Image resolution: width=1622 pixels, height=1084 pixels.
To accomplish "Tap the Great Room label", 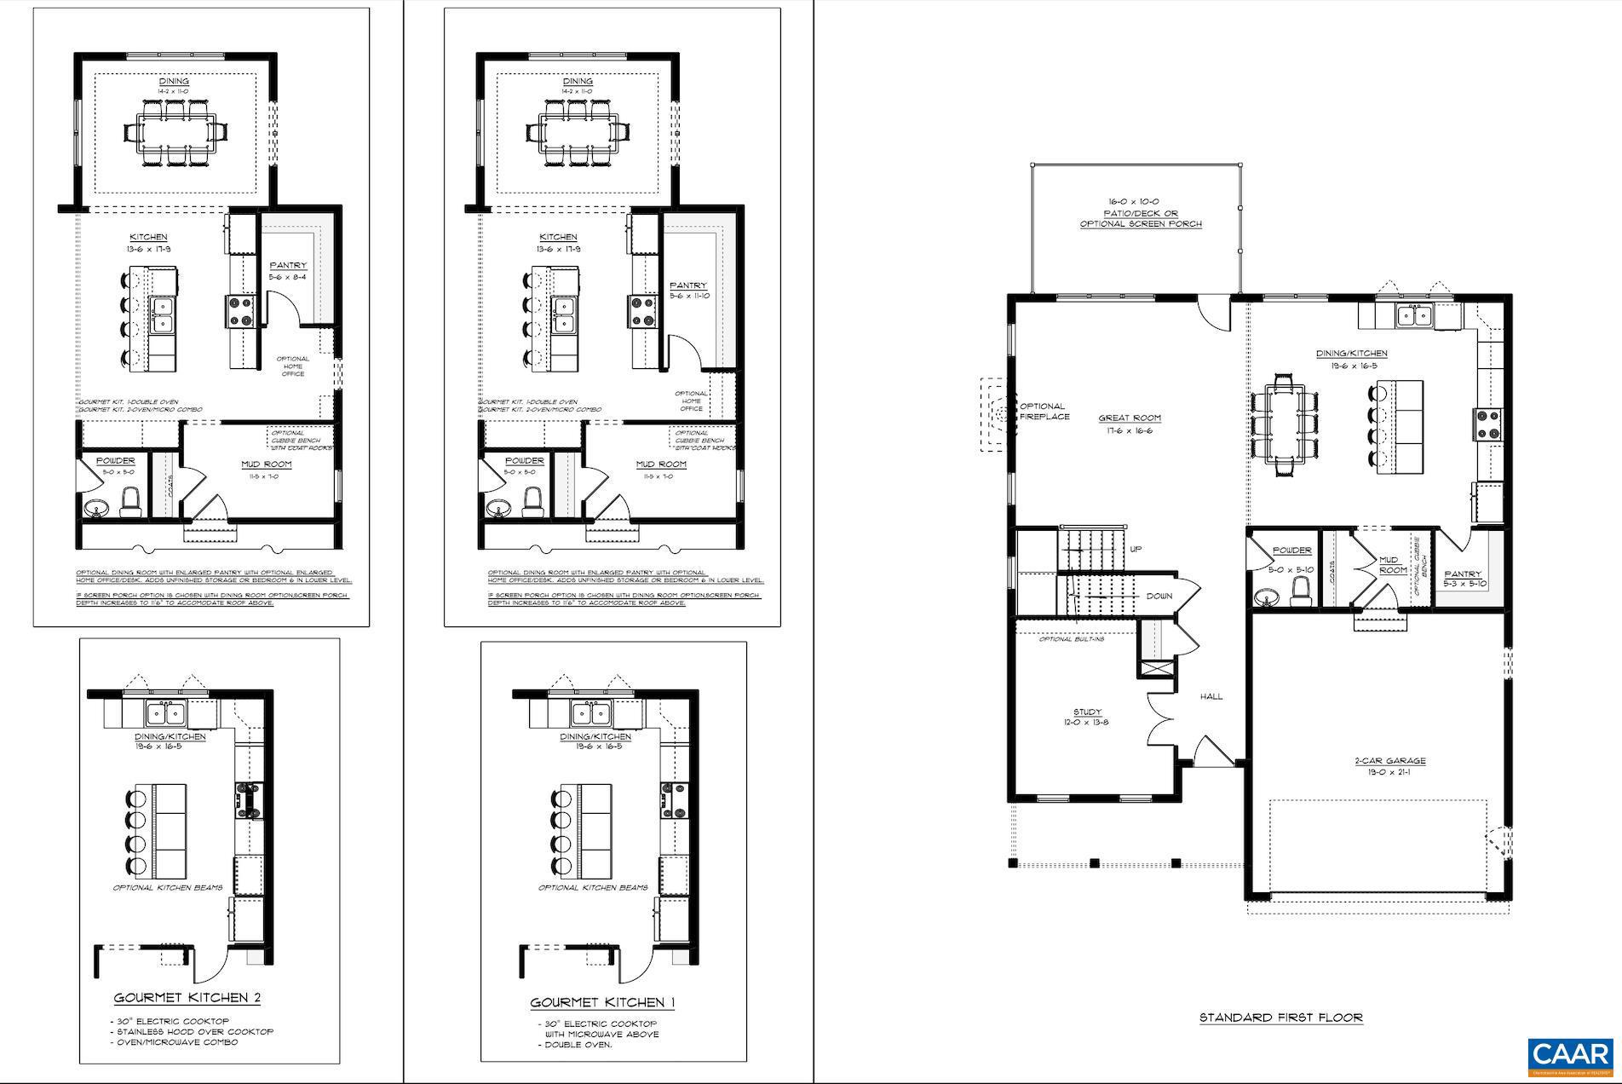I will click(1130, 418).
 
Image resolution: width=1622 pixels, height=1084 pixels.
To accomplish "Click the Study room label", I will click(1087, 712).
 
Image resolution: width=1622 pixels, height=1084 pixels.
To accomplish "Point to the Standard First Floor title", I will click(1281, 1018).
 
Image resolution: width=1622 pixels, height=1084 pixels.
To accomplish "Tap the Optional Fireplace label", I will click(1043, 412).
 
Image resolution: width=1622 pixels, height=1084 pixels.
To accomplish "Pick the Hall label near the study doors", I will click(1211, 696).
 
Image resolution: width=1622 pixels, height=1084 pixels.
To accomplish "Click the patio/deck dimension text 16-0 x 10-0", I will click(1141, 203).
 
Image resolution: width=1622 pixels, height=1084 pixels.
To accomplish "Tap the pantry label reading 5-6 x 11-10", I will click(690, 296).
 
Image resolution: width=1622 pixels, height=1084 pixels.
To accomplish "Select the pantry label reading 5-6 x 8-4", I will click(287, 277).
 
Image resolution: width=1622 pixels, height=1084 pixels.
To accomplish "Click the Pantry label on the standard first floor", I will click(1463, 574).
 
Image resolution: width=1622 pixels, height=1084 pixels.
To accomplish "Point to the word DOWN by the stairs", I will click(1159, 597).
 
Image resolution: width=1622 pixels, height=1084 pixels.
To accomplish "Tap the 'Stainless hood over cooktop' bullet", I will click(193, 1032).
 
